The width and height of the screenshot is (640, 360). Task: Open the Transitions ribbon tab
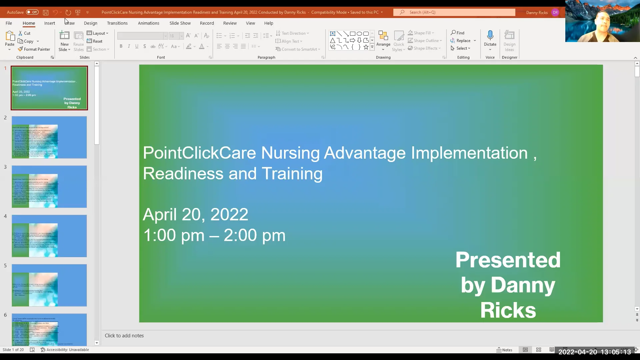pyautogui.click(x=117, y=23)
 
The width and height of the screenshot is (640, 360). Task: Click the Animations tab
pyautogui.click(x=148, y=23)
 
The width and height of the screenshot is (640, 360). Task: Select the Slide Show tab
pyautogui.click(x=180, y=23)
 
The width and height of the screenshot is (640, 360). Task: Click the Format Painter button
pyautogui.click(x=34, y=49)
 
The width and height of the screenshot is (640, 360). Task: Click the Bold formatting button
pyautogui.click(x=121, y=46)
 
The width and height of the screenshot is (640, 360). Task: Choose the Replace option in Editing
pyautogui.click(x=463, y=41)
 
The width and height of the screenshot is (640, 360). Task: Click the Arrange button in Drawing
pyautogui.click(x=383, y=39)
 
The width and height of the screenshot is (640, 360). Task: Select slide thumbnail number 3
pyautogui.click(x=49, y=187)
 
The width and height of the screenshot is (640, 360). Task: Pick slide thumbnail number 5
pyautogui.click(x=49, y=285)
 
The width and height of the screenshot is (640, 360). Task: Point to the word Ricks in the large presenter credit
pyautogui.click(x=508, y=310)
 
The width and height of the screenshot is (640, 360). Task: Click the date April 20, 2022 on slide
pyautogui.click(x=195, y=214)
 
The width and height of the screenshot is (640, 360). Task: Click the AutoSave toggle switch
pyautogui.click(x=32, y=12)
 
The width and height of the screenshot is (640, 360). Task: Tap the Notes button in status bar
pyautogui.click(x=504, y=350)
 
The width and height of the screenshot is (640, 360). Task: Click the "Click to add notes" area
pyautogui.click(x=124, y=336)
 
